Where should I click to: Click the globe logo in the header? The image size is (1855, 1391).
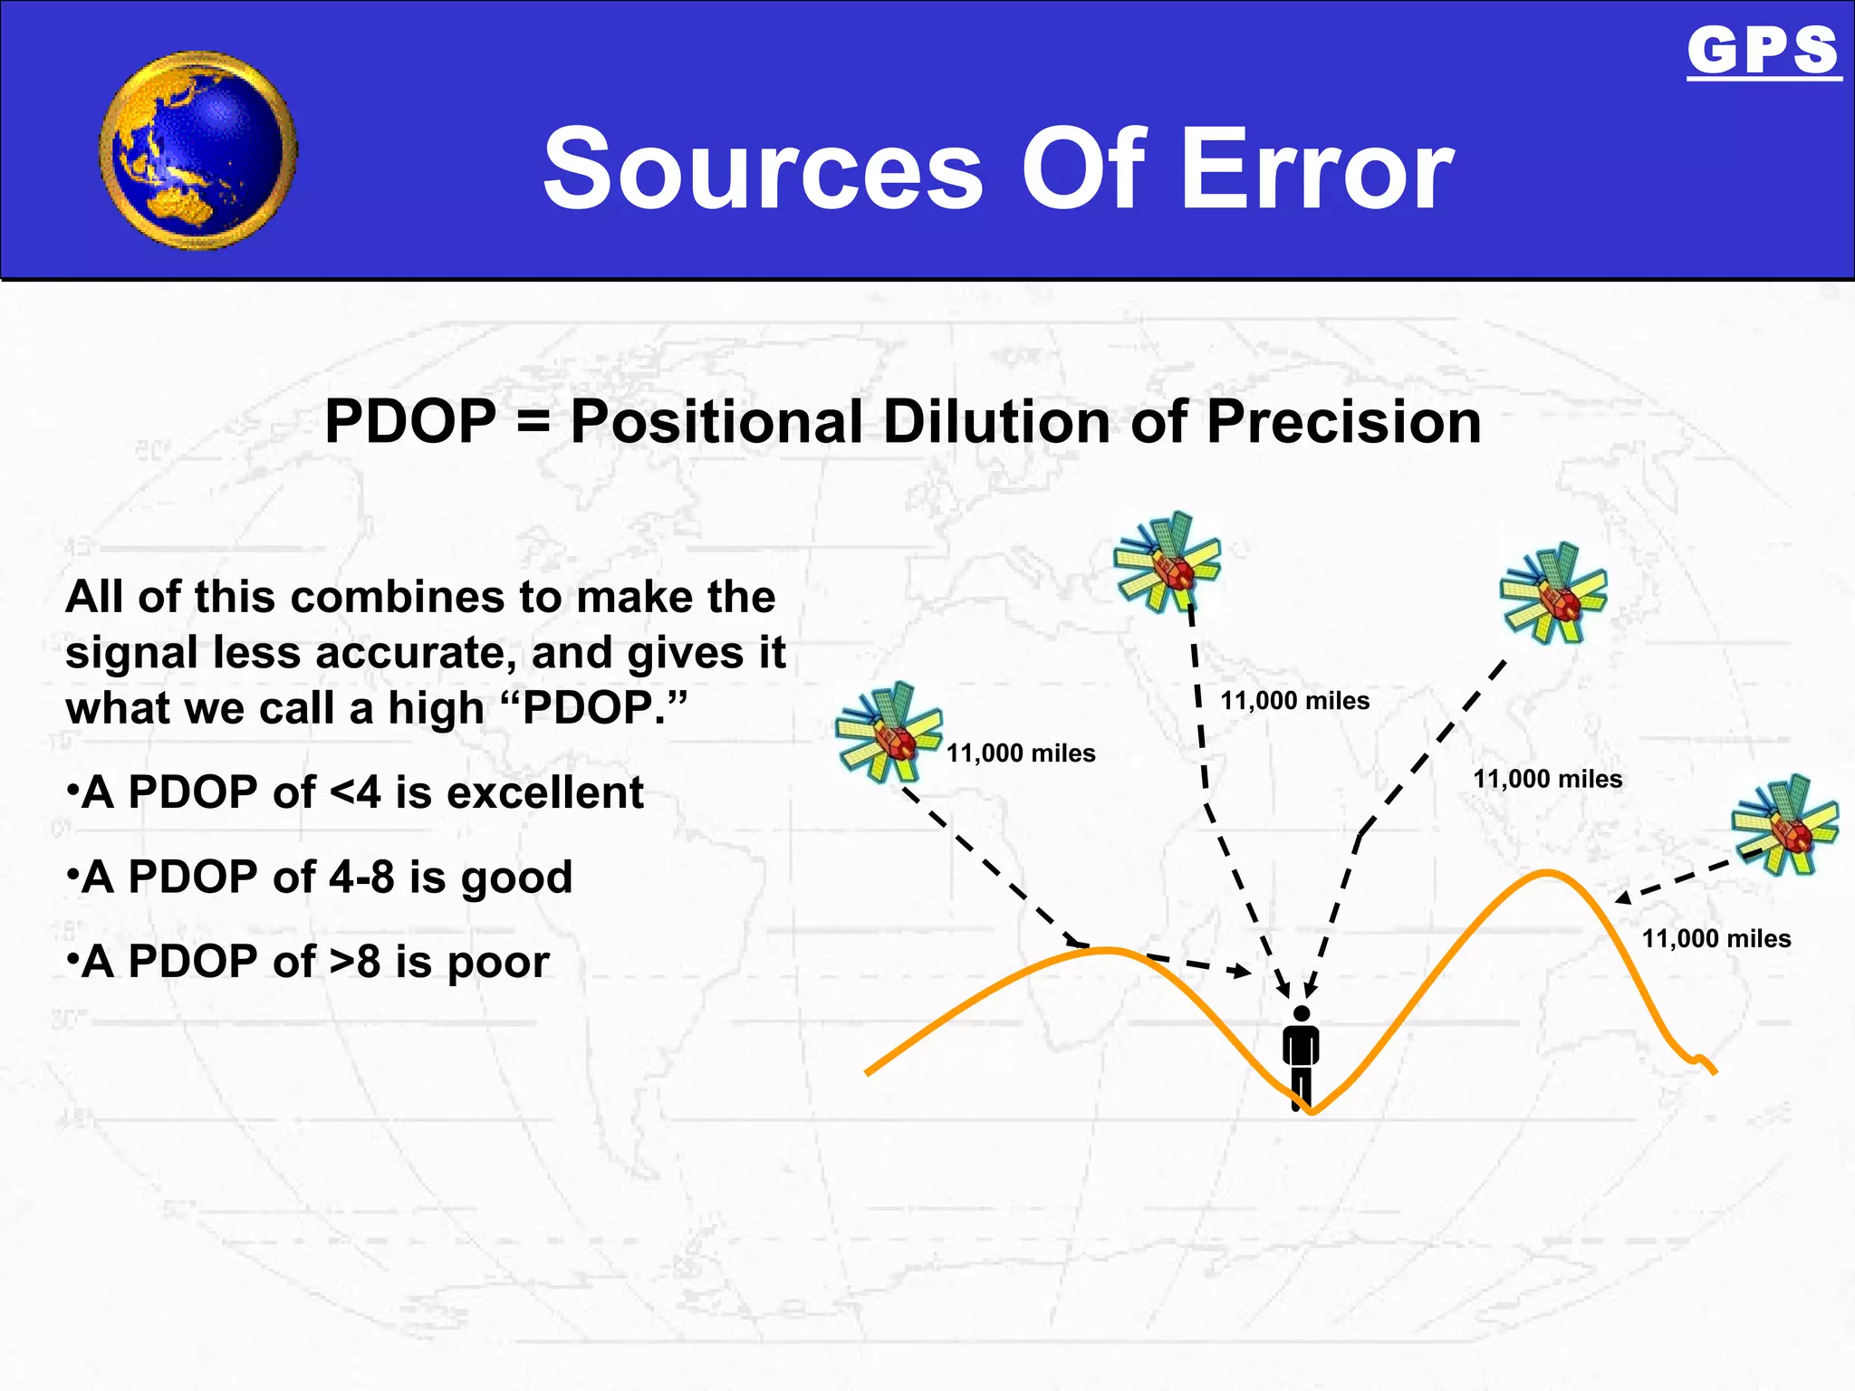pos(198,150)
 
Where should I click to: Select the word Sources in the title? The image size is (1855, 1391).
pos(763,169)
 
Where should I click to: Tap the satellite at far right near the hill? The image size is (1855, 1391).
pos(1783,825)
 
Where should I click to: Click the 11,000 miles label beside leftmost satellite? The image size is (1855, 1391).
pos(1021,753)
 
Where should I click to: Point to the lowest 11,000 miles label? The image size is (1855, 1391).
pos(1716,939)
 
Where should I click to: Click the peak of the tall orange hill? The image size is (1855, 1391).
pos(1547,873)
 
